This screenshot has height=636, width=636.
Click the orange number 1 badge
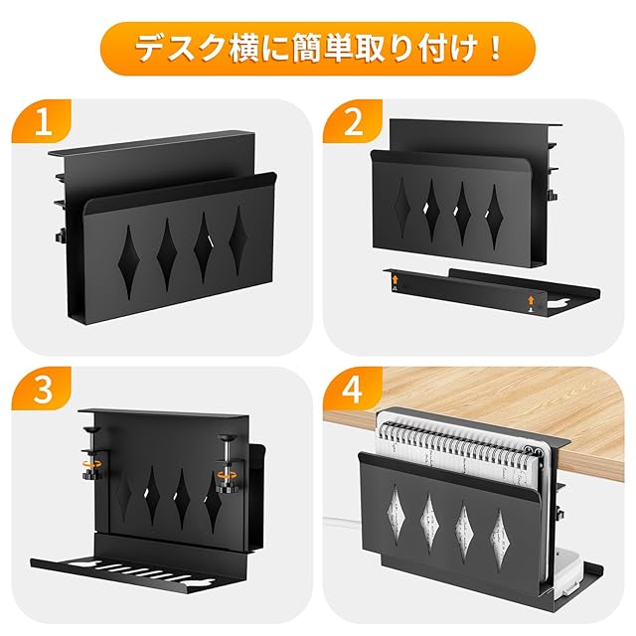[42, 121]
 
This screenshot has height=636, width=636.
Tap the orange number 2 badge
[353, 121]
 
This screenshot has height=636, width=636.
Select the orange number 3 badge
[42, 389]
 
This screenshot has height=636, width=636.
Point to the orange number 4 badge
[353, 389]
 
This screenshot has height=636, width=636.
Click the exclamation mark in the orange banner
[495, 49]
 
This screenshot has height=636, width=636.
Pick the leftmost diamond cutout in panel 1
[128, 262]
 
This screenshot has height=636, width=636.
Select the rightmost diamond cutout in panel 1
[238, 240]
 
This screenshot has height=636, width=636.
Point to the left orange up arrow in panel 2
[396, 279]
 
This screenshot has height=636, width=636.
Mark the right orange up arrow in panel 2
[531, 300]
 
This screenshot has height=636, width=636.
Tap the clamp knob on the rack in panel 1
[61, 236]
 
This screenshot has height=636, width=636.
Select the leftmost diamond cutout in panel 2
[401, 208]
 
